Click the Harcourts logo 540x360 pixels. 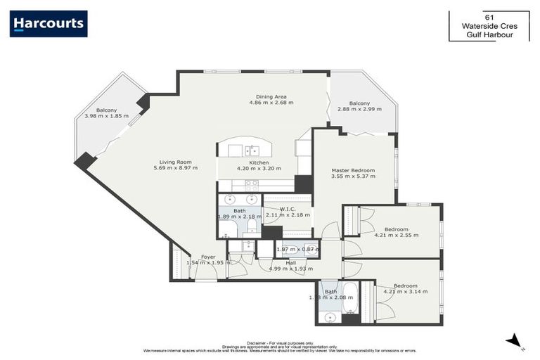[x=49, y=24]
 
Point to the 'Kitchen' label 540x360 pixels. [x=259, y=162]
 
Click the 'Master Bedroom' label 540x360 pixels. [x=353, y=170]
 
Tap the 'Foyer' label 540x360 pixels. [x=208, y=257]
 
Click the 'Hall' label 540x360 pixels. [x=290, y=262]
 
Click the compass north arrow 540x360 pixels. [x=517, y=341]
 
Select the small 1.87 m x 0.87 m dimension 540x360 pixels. [x=297, y=249]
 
